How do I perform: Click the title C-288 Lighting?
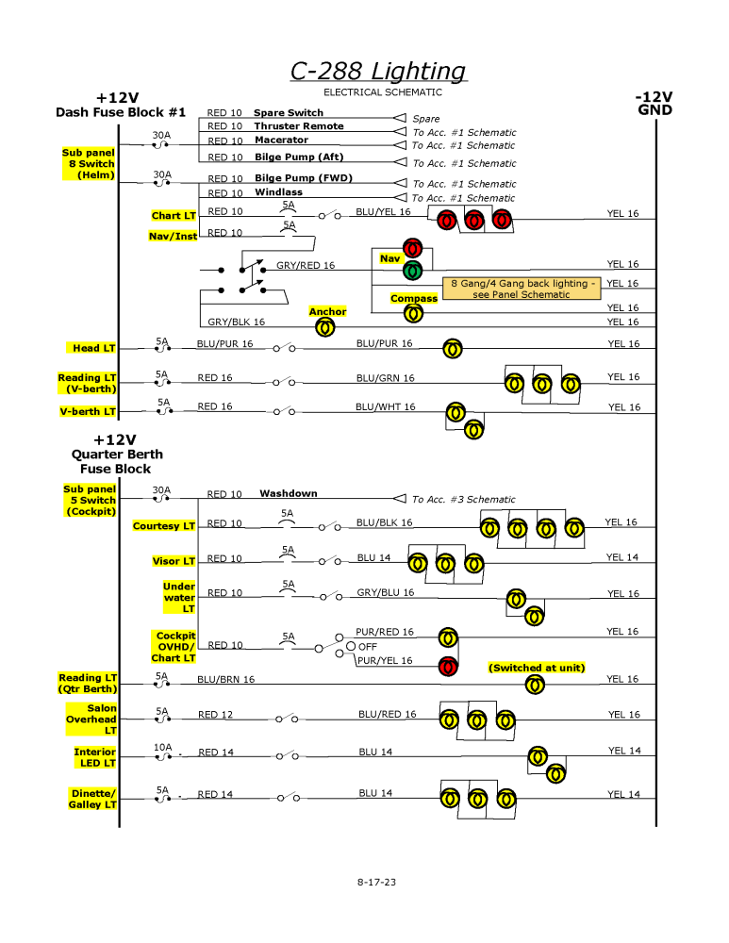pyautogui.click(x=377, y=72)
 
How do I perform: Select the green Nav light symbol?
pyautogui.click(x=412, y=272)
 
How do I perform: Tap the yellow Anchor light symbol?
pyautogui.click(x=324, y=327)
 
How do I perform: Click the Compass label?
pyautogui.click(x=414, y=299)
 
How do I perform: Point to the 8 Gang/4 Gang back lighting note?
pyautogui.click(x=522, y=289)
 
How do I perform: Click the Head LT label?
pyautogui.click(x=94, y=349)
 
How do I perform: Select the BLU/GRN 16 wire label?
pyautogui.click(x=385, y=378)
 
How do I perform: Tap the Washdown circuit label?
pyautogui.click(x=289, y=493)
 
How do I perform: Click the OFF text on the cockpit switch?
pyautogui.click(x=367, y=647)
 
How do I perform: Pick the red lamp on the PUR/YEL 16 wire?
pyautogui.click(x=449, y=667)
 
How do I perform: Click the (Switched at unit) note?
pyautogui.click(x=536, y=668)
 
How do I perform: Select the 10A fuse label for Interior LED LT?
pyautogui.click(x=163, y=746)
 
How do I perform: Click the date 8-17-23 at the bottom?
pyautogui.click(x=376, y=882)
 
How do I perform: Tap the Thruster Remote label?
pyautogui.click(x=298, y=126)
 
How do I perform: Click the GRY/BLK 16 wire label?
pyautogui.click(x=236, y=322)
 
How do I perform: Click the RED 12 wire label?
pyautogui.click(x=215, y=715)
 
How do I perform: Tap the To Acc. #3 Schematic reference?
pyautogui.click(x=463, y=500)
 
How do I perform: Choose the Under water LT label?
pyautogui.click(x=179, y=598)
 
